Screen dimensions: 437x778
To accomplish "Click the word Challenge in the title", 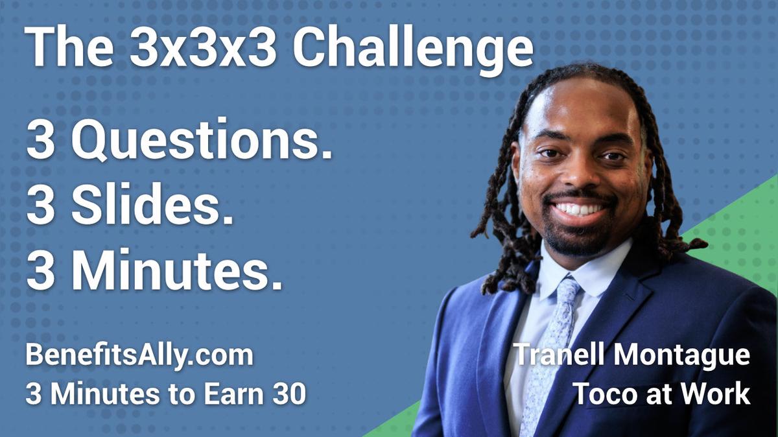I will [413, 49].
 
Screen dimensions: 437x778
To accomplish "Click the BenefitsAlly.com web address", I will [139, 356].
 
